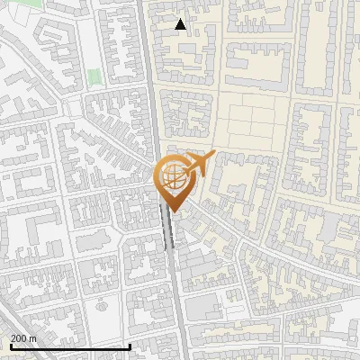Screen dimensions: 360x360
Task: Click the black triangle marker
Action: [181, 24]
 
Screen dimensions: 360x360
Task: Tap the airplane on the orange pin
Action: [200, 164]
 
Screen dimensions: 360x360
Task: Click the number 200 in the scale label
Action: [19, 338]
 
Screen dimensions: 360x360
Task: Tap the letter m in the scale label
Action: [33, 338]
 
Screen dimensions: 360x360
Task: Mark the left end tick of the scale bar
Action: [9, 346]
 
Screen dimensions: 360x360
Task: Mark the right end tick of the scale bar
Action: [130, 346]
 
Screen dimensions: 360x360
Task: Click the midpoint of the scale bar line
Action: [70, 347]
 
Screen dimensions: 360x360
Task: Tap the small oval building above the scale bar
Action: [102, 305]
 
